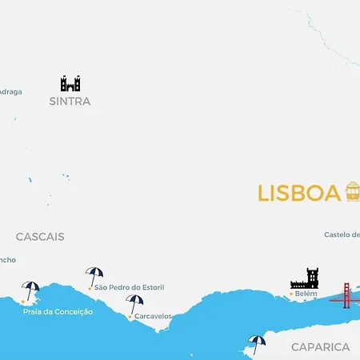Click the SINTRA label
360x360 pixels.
(70, 102)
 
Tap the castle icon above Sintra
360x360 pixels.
(70, 83)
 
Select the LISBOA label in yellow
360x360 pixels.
(299, 194)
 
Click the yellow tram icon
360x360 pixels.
(352, 192)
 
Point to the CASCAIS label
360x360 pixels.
(40, 237)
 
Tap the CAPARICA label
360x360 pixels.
(320, 347)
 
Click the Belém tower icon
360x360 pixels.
(305, 279)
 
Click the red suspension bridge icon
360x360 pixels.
(346, 295)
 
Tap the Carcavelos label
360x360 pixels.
(153, 316)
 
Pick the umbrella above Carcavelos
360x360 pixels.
(134, 303)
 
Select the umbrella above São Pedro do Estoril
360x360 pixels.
(94, 275)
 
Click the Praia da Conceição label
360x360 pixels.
(58, 311)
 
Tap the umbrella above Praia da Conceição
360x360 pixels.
(30, 290)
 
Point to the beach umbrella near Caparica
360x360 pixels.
(257, 342)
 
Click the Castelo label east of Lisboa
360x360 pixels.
(342, 235)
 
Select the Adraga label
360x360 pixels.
(10, 91)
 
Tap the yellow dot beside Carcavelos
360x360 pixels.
(130, 317)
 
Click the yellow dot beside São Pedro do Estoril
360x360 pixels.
(90, 288)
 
